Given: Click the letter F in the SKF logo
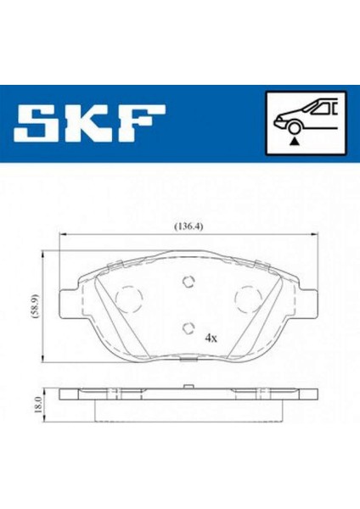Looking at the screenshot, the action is (x=141, y=123).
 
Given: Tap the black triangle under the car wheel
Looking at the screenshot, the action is (x=295, y=141).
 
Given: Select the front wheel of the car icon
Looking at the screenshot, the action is (x=295, y=127).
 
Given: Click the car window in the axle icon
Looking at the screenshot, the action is (x=321, y=108).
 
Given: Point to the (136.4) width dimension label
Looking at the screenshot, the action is (x=188, y=226).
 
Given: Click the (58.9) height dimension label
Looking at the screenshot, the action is (x=35, y=305).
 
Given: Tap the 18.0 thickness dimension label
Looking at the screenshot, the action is (x=38, y=405).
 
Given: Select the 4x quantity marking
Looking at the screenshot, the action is (x=211, y=338).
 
